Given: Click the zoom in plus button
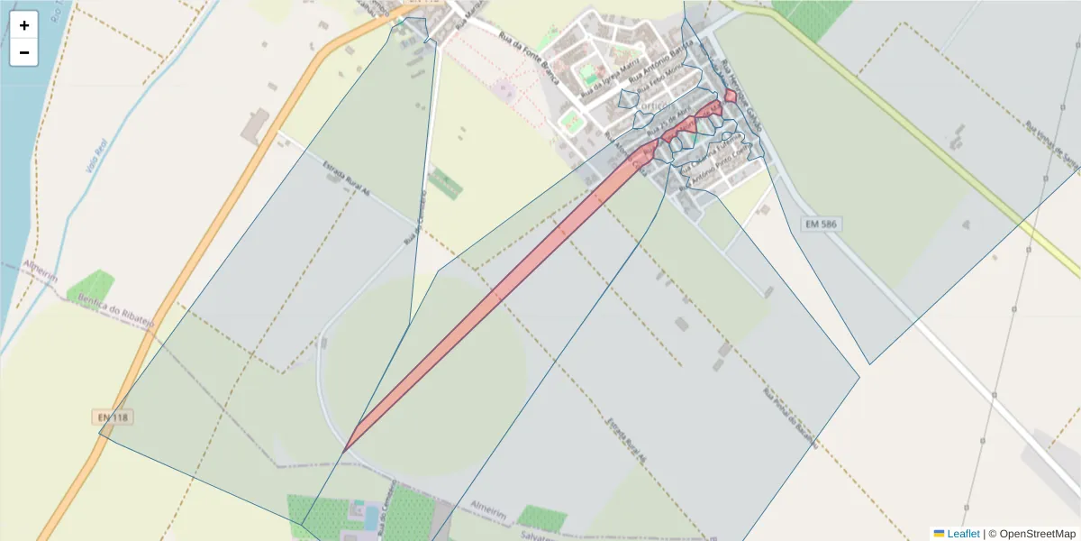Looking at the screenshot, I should pos(24,25).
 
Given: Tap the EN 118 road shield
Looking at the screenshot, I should pos(111,417).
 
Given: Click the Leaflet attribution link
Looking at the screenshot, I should pos(963,534).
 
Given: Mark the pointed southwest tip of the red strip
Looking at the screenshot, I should pos(346,448).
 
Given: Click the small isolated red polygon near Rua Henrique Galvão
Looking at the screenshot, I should pos(731,96).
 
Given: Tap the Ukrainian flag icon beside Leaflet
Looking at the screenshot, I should pos(939,534).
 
